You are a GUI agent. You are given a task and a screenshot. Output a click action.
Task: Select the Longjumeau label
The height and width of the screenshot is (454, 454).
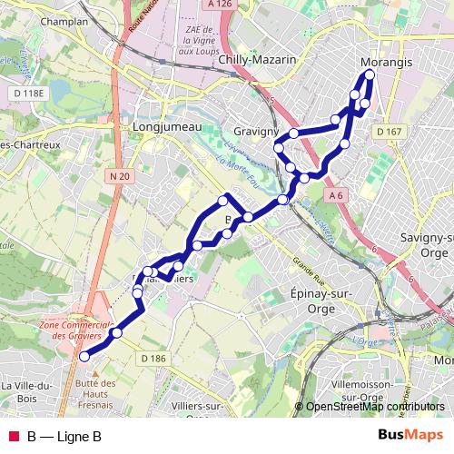[x=166, y=127]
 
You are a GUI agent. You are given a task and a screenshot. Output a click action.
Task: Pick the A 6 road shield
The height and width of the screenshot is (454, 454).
[x=336, y=195]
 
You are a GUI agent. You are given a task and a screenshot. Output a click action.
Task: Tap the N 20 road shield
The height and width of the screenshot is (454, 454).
[x=116, y=175]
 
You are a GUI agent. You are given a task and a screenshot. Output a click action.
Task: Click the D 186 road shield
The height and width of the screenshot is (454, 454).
[x=153, y=360]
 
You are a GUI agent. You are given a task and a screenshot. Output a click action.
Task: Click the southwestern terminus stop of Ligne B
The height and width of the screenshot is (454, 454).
[x=84, y=357]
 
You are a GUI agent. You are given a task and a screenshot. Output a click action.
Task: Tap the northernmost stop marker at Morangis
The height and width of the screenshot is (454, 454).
[x=370, y=74]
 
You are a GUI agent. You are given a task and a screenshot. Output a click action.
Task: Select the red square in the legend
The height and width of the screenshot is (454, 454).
[x=13, y=437]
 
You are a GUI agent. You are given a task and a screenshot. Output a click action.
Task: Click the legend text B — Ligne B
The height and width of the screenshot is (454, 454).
[x=64, y=437]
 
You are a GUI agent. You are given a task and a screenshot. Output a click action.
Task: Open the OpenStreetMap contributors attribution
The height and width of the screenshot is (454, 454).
[x=375, y=407]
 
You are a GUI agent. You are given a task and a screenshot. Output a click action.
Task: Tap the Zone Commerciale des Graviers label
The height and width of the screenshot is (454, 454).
[x=75, y=331]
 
